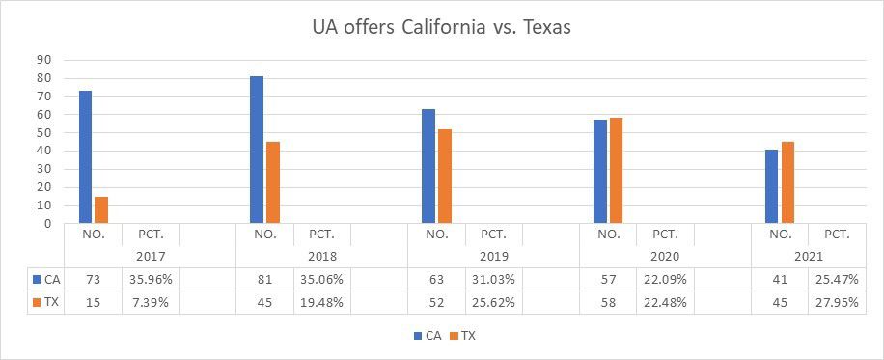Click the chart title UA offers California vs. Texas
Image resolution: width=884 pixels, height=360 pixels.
click(x=441, y=28)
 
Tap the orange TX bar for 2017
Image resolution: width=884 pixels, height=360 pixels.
click(x=101, y=210)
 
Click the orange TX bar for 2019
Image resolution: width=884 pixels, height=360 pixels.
click(x=444, y=177)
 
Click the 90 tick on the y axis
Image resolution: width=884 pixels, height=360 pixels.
click(x=44, y=60)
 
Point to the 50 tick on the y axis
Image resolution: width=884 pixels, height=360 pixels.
click(x=44, y=132)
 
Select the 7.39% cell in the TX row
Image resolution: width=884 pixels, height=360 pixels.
click(x=150, y=303)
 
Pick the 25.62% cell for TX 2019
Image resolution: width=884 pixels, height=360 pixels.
click(x=493, y=303)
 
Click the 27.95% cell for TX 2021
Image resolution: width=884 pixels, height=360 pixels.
click(x=837, y=303)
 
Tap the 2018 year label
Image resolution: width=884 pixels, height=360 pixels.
click(x=321, y=257)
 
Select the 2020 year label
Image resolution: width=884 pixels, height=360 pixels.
click(x=665, y=257)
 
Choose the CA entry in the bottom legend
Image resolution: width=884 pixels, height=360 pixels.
click(x=426, y=336)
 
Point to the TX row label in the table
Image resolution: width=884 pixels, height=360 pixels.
click(x=45, y=303)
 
